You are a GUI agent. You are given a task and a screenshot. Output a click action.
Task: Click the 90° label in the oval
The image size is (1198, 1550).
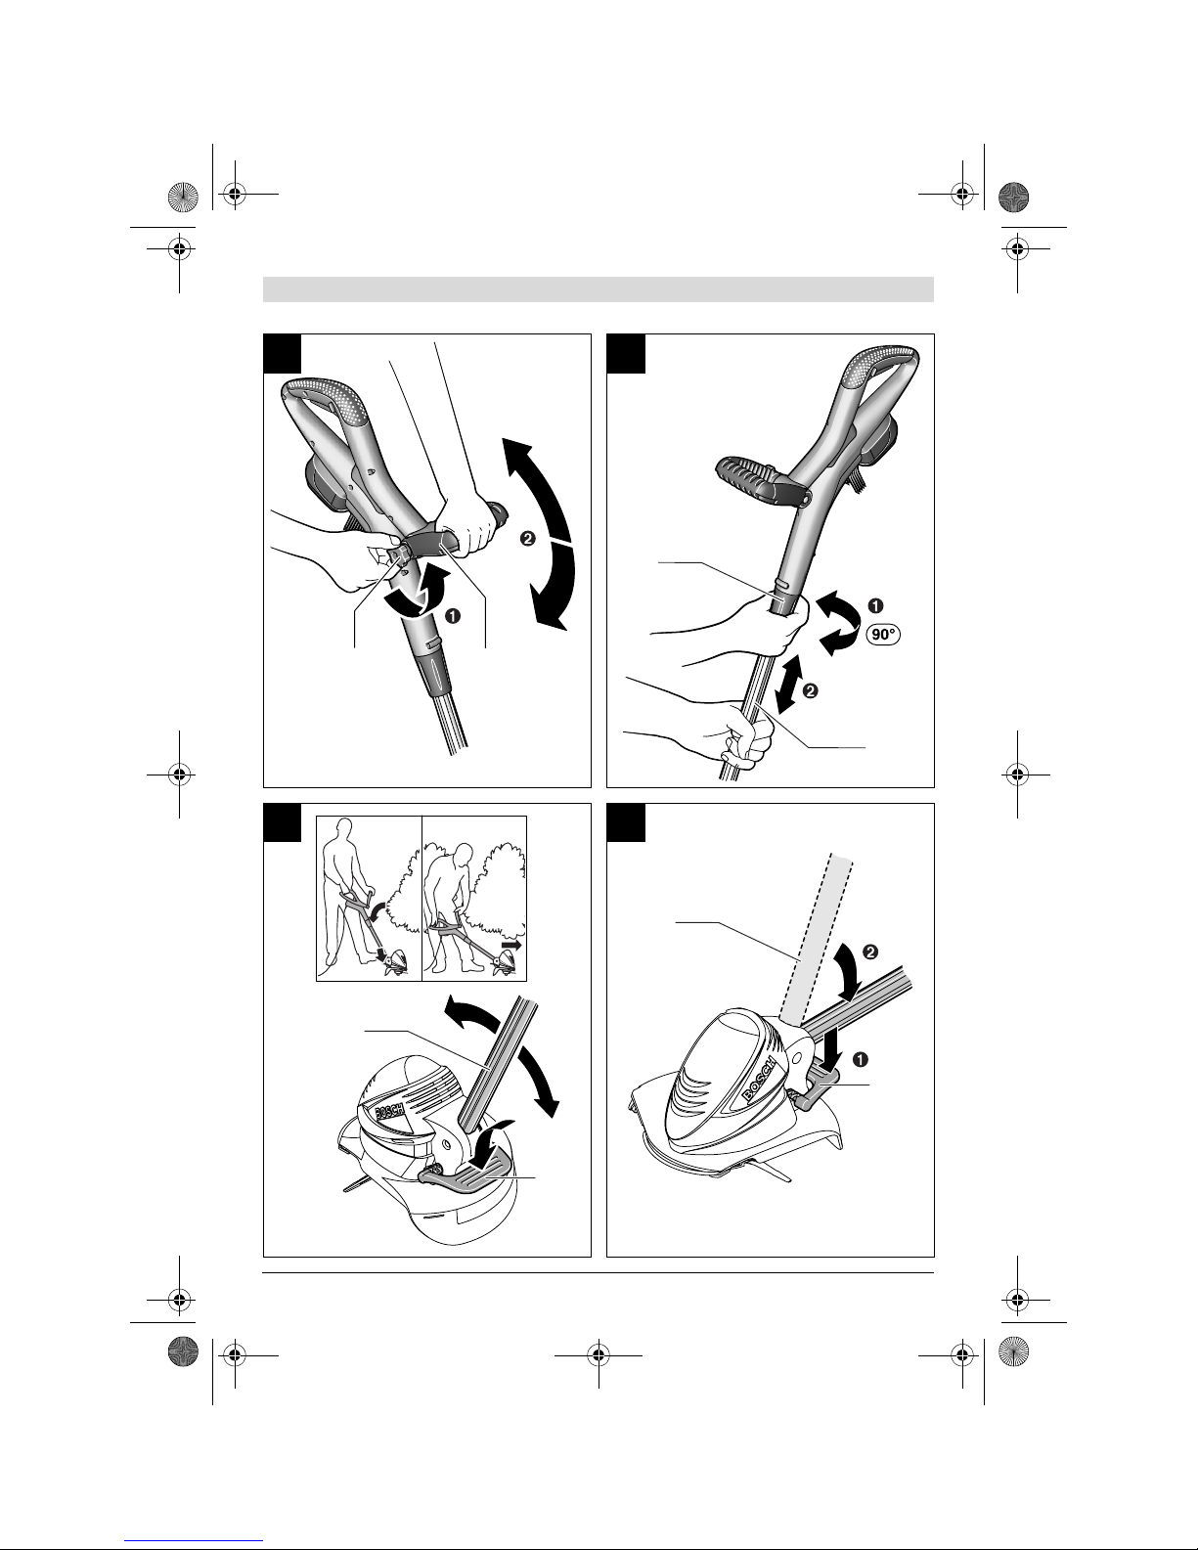(883, 634)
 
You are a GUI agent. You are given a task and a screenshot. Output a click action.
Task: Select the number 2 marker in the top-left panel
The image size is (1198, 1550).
(528, 539)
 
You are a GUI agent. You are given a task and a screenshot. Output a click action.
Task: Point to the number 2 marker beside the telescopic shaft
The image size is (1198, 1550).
(810, 690)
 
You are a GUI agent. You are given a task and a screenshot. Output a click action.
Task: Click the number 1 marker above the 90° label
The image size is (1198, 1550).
(875, 605)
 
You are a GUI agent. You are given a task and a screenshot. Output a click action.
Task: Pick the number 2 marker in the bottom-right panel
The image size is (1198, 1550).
(870, 952)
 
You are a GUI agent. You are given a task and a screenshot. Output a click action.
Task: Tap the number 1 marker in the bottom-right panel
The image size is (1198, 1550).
(860, 1060)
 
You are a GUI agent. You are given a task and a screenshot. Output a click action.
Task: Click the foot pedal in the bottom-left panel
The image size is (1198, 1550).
(465, 1172)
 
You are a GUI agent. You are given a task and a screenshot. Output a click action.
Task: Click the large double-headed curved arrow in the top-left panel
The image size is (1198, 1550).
(549, 534)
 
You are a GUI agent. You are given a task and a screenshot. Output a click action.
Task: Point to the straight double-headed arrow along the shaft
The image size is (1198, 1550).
(788, 685)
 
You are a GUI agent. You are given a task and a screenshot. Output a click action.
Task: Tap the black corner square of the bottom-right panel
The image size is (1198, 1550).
(626, 822)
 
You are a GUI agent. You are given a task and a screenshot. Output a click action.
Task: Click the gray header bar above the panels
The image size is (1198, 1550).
(599, 289)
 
